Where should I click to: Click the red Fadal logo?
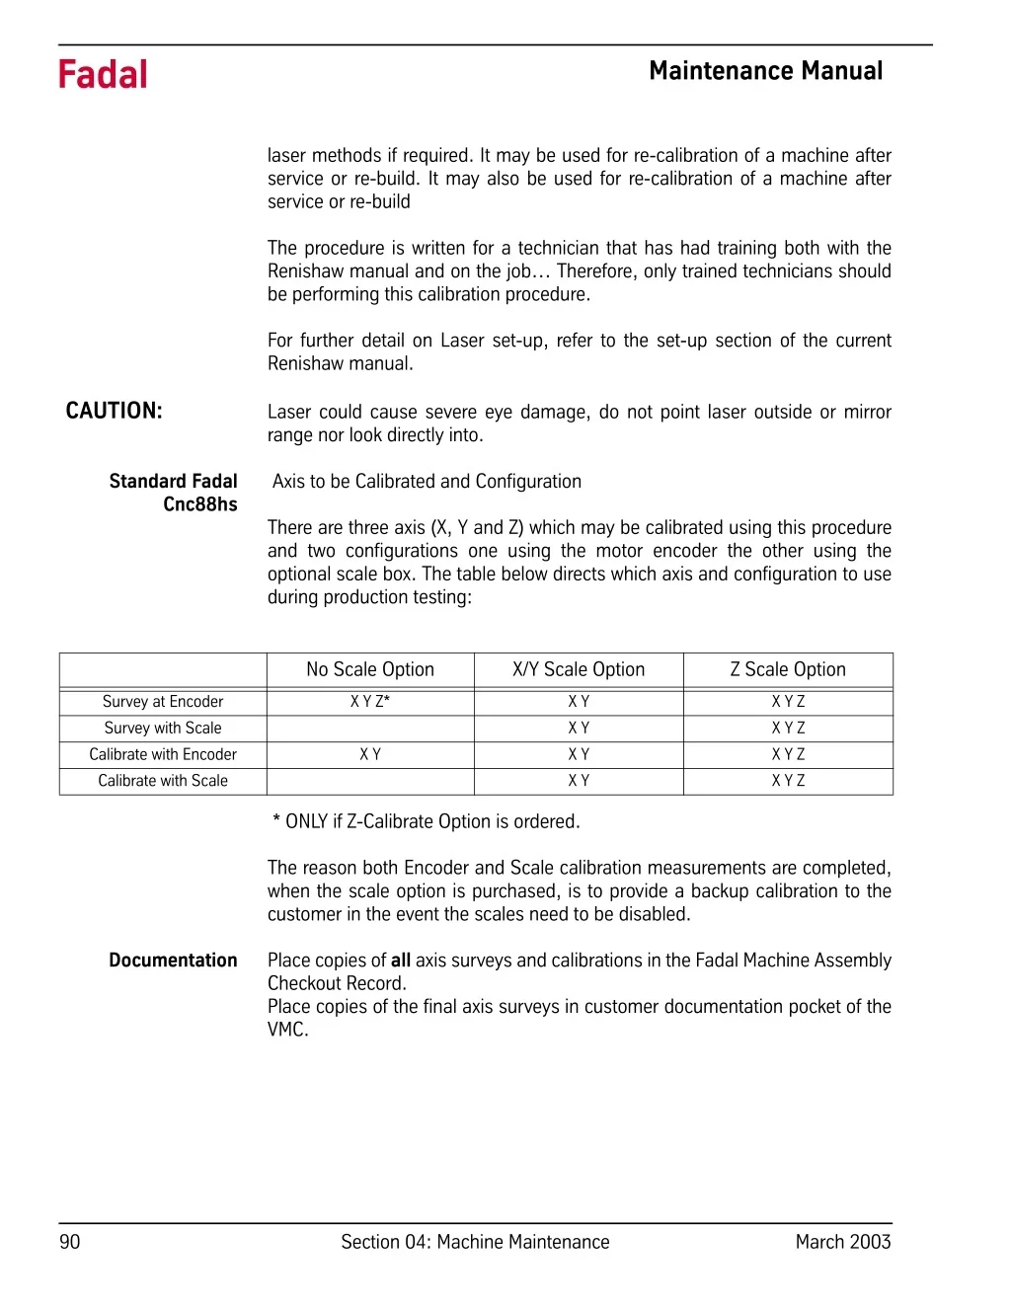click(103, 75)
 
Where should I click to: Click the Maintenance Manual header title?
click(766, 71)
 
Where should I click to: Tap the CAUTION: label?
click(114, 412)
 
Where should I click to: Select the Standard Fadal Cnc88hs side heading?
click(174, 493)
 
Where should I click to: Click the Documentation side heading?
click(173, 961)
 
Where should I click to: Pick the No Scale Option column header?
click(370, 669)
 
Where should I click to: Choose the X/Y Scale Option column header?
click(579, 669)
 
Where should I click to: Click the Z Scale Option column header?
click(788, 669)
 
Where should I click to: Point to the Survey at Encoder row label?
click(163, 702)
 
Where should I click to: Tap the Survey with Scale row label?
click(163, 729)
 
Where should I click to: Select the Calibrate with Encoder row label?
click(163, 754)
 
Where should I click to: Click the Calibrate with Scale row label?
click(163, 781)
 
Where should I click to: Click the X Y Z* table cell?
click(370, 702)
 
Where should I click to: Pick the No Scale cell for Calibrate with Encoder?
click(370, 754)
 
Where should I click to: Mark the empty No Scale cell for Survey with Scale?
click(370, 729)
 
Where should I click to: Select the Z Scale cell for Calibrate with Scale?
click(788, 781)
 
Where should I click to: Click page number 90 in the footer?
click(70, 1242)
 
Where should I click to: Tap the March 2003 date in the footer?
click(843, 1242)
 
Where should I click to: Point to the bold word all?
click(401, 961)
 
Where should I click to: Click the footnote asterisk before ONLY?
click(276, 819)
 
